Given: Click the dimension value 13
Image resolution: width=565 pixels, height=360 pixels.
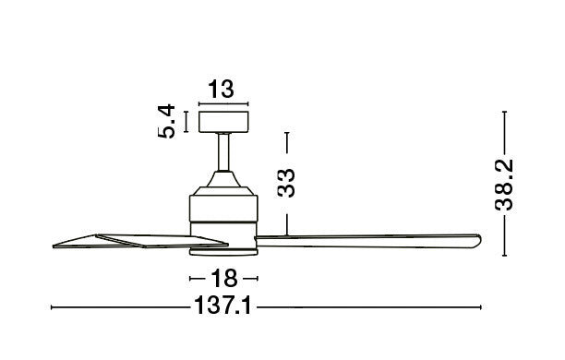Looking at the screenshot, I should [222, 90].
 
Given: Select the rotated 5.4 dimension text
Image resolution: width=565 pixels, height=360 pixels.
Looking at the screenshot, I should [167, 121].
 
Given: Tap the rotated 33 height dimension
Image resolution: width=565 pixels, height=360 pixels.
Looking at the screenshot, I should [287, 182].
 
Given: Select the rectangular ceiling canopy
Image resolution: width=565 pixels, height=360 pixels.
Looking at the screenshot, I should [222, 121].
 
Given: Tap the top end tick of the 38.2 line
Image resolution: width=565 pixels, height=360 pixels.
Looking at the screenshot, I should [504, 112].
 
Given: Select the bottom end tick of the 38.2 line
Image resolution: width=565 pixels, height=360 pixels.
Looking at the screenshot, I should [504, 256].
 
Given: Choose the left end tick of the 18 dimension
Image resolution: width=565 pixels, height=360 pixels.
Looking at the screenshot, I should [191, 278].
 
